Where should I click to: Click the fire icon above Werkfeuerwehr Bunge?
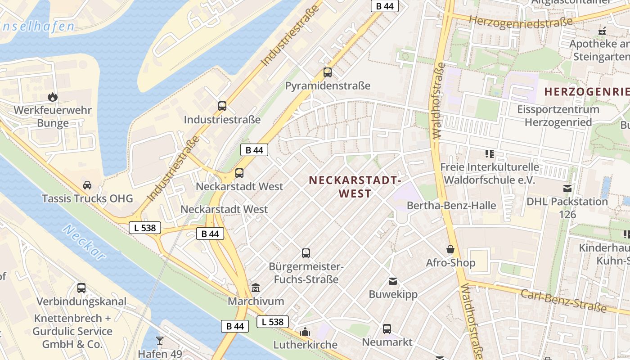(53, 97)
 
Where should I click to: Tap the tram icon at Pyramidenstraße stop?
(328, 72)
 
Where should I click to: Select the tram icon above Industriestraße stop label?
(222, 106)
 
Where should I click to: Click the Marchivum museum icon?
(256, 288)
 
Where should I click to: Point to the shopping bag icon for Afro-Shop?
(450, 249)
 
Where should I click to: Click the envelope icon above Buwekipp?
(393, 281)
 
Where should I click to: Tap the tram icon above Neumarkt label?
(387, 329)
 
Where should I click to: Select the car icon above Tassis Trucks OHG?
(87, 185)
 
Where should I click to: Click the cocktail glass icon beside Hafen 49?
(159, 340)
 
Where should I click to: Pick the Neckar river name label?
(84, 243)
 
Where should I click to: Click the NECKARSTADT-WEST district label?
(355, 187)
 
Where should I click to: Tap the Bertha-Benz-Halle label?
(451, 206)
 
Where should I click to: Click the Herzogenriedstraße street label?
(521, 22)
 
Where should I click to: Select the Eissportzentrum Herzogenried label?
(558, 116)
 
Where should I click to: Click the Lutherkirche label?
(306, 345)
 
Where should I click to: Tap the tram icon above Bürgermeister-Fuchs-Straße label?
(306, 253)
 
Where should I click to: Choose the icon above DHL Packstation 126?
(567, 189)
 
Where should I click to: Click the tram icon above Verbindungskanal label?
(81, 288)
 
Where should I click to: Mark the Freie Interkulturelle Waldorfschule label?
(490, 173)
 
